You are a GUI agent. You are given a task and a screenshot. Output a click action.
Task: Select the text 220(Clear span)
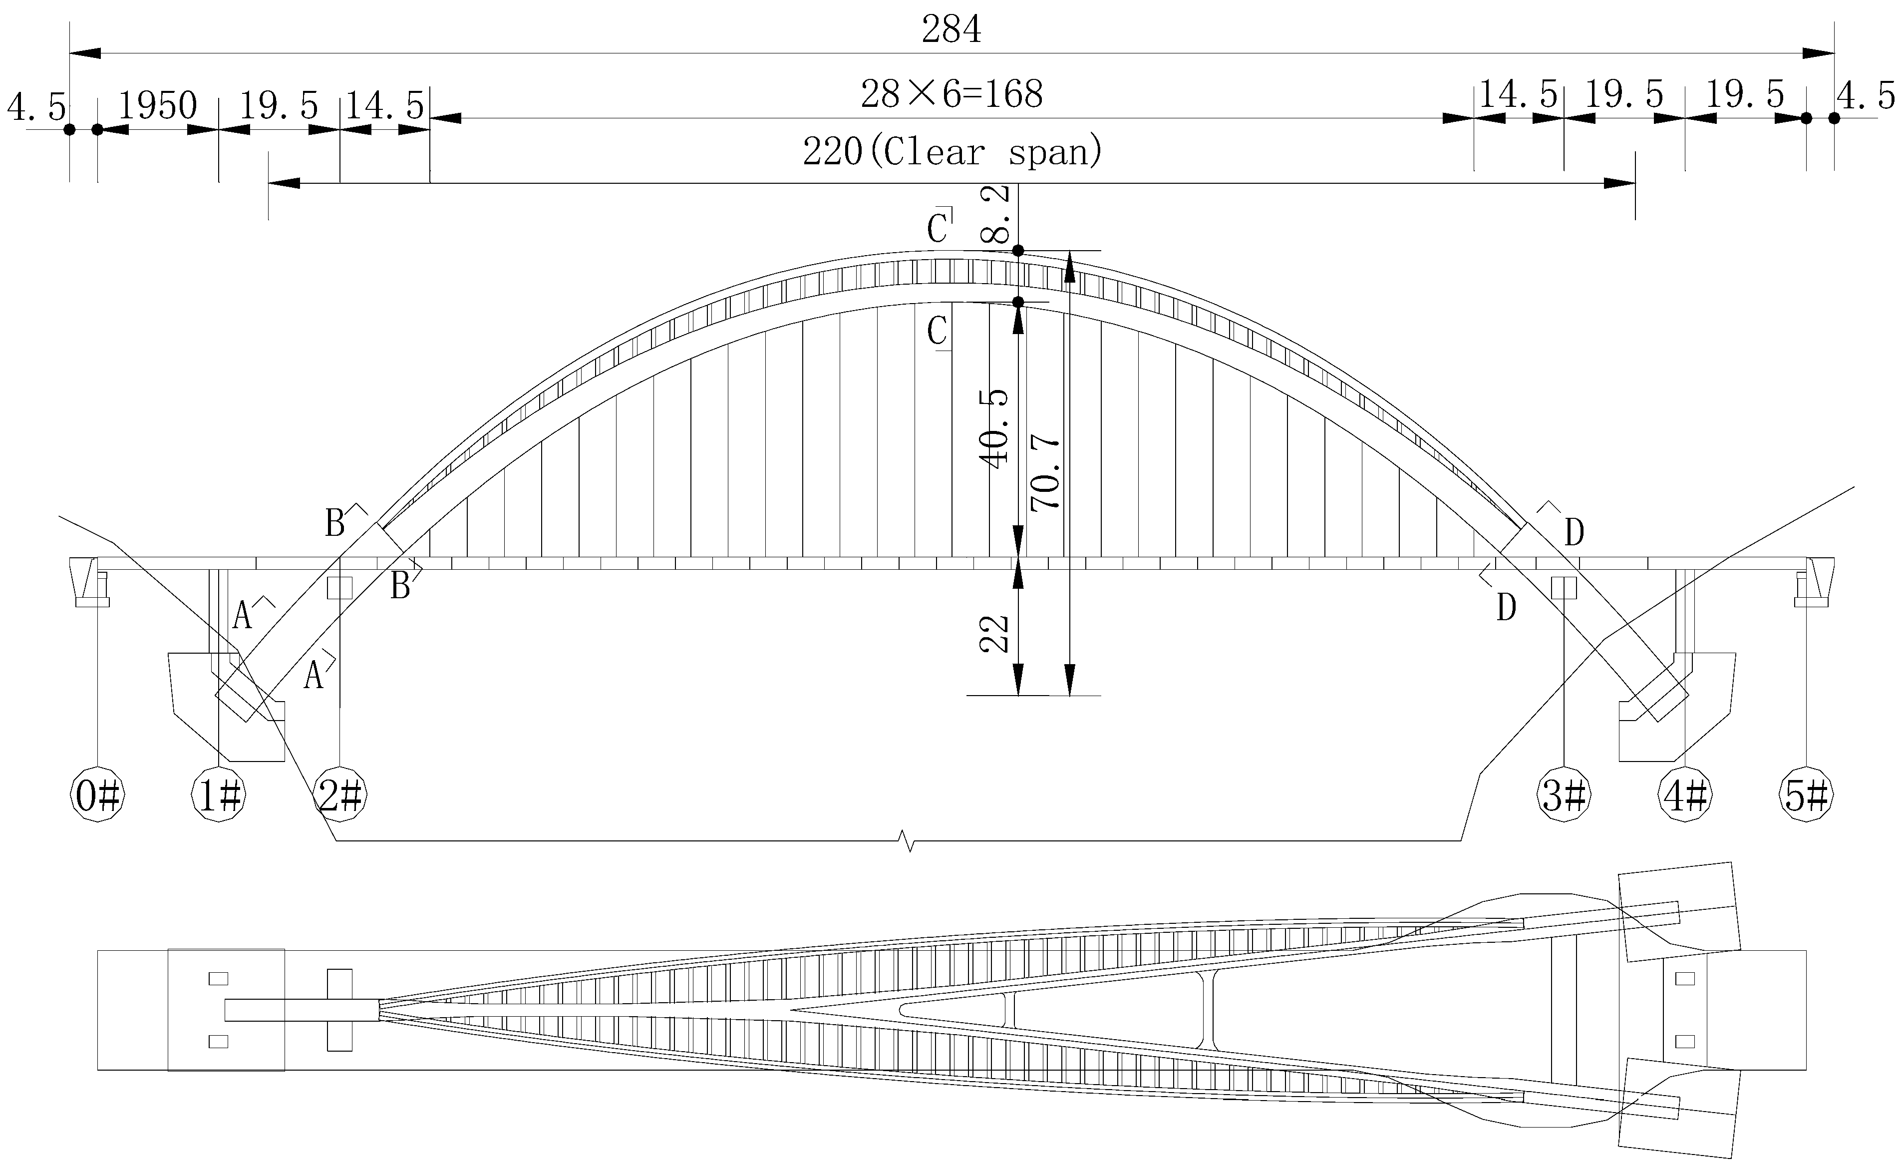click(x=952, y=152)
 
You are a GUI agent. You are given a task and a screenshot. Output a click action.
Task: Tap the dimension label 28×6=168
click(x=952, y=95)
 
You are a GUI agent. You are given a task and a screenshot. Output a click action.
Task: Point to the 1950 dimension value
click(x=157, y=106)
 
